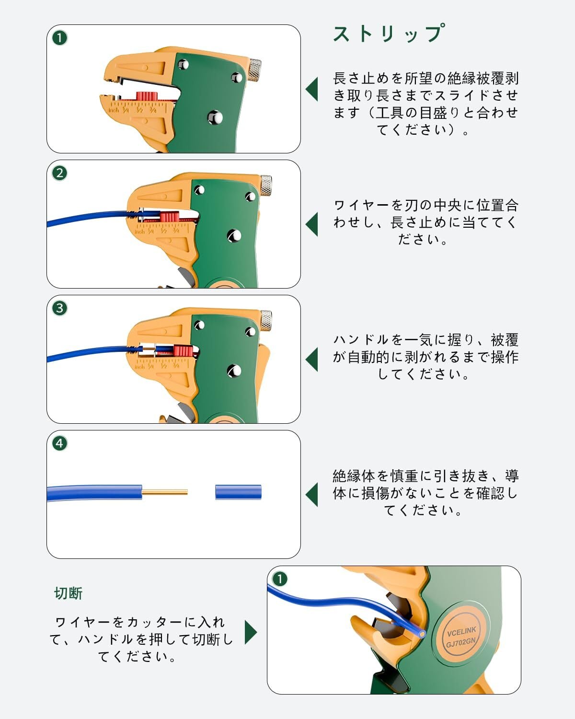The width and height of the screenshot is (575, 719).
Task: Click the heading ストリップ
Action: (388, 34)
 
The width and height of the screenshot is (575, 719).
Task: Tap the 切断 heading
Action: (69, 593)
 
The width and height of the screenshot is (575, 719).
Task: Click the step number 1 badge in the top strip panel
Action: (59, 38)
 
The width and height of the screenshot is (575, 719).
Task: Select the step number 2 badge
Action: (59, 173)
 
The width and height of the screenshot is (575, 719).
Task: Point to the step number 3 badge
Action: (59, 308)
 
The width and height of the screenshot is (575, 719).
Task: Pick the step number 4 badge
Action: (59, 443)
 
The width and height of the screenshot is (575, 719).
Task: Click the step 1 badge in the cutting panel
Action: (279, 579)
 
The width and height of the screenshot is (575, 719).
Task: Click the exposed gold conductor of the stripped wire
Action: (165, 492)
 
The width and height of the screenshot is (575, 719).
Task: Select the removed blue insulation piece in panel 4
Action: (238, 492)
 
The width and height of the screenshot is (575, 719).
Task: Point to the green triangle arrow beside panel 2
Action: (311, 224)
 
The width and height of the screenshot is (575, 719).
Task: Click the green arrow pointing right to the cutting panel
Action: (251, 632)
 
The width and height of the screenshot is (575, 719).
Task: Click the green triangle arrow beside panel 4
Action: (311, 494)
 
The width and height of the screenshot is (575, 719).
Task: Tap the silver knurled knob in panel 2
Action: (266, 186)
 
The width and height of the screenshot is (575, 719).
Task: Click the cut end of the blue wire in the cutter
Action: (421, 633)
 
